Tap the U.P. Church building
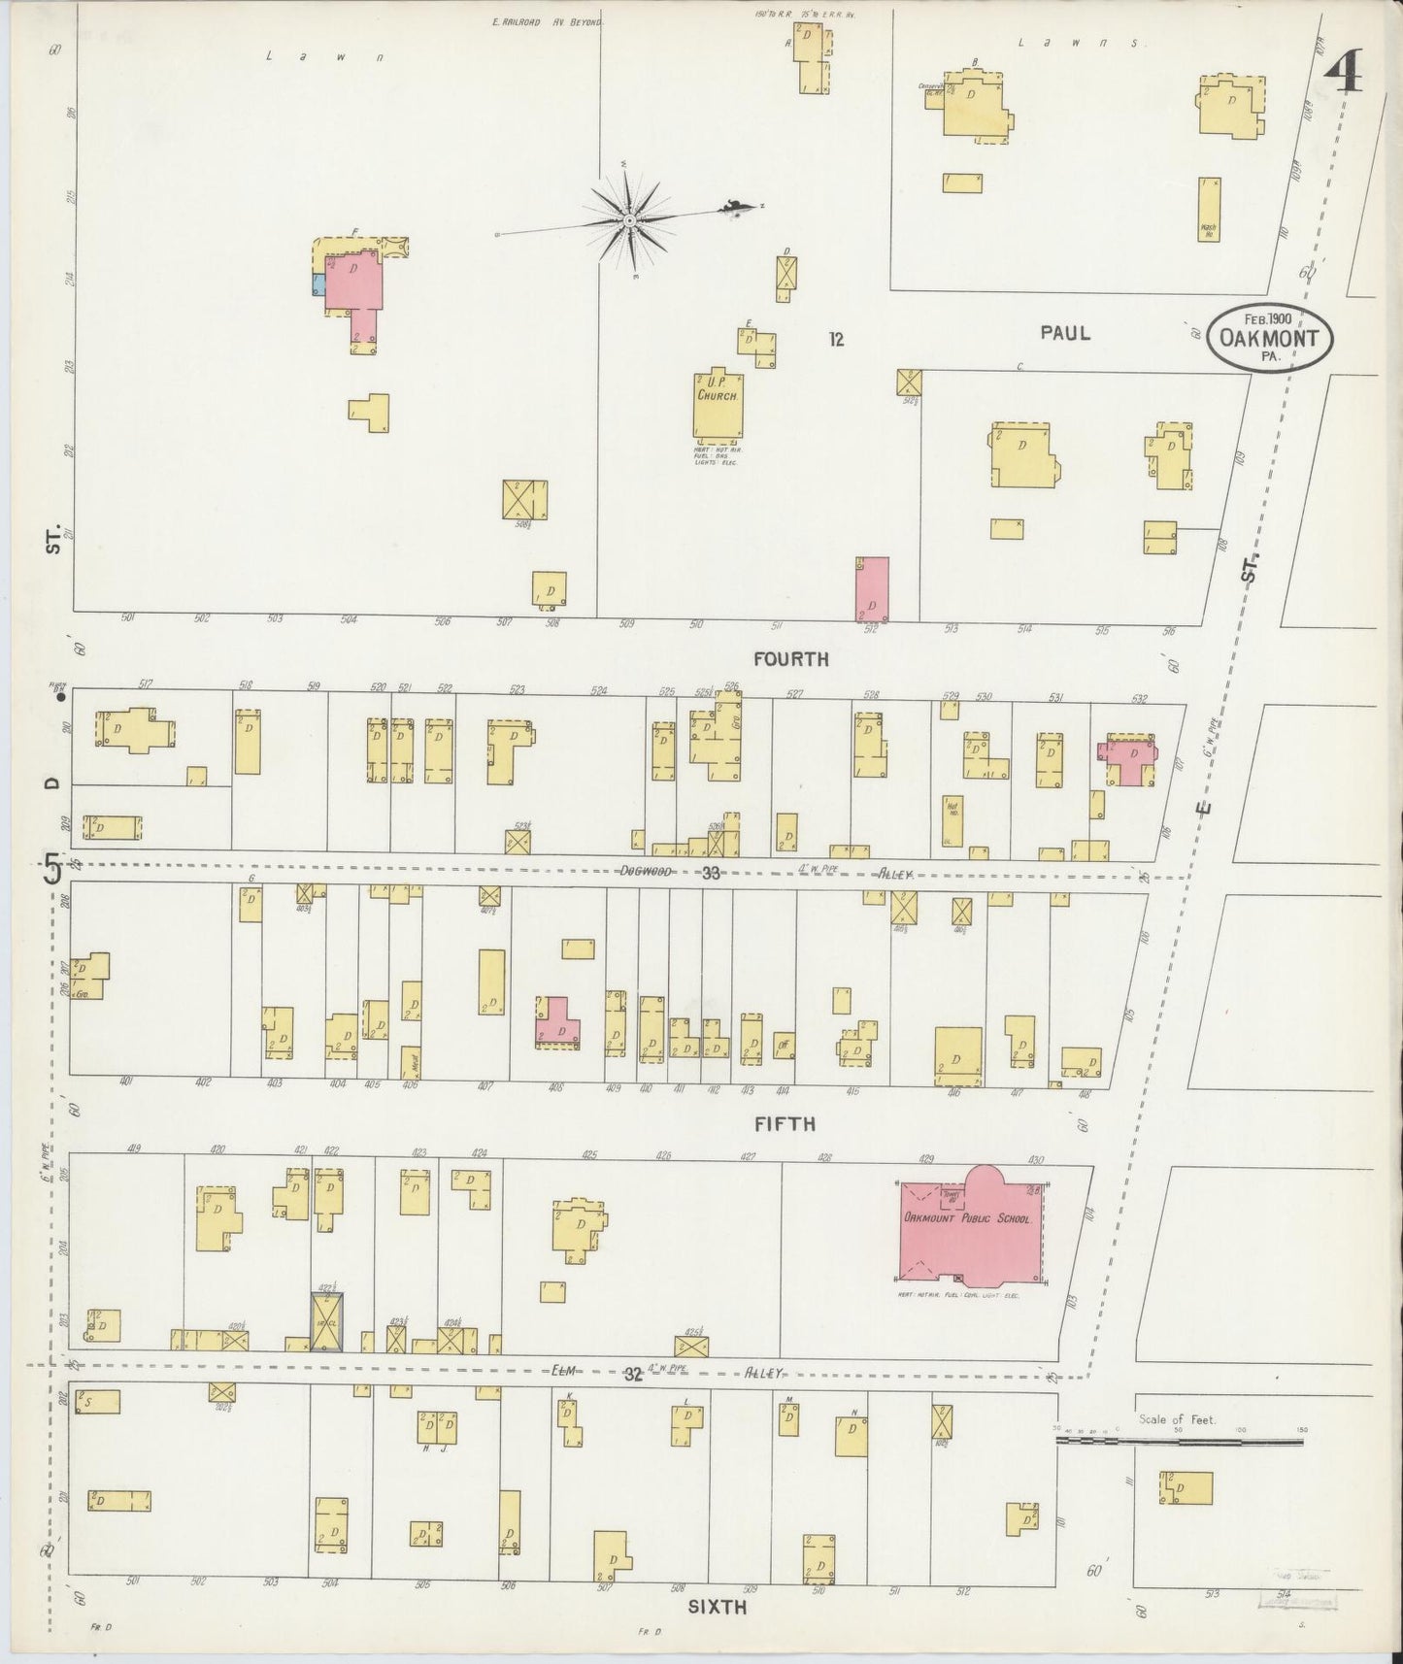tap(718, 404)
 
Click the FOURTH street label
tap(791, 660)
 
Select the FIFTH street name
tap(785, 1124)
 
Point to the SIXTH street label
tap(717, 1607)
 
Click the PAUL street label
tap(1065, 333)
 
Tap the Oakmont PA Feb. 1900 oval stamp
tap(1269, 336)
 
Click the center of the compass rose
tap(629, 220)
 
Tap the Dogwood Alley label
tap(647, 872)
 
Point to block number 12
tap(836, 339)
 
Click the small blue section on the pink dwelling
tap(317, 284)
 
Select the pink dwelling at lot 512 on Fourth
tap(872, 588)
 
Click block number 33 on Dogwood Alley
tap(712, 873)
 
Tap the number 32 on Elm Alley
tap(633, 1374)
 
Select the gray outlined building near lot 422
tap(326, 1321)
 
